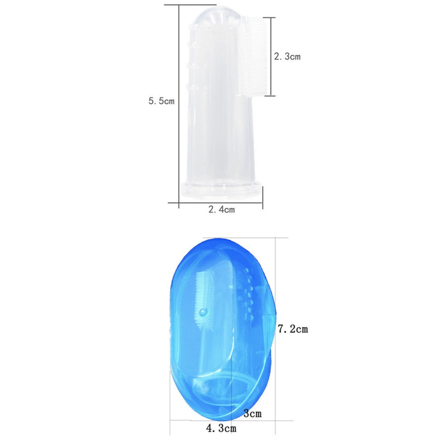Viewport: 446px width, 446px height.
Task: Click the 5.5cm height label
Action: click(161, 101)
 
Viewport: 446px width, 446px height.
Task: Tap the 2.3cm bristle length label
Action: click(287, 56)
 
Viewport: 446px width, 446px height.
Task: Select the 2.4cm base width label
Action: click(222, 209)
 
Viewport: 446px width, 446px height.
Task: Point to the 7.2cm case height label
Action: click(293, 329)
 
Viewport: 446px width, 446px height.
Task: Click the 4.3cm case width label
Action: click(221, 428)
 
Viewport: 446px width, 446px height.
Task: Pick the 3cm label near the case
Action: click(252, 413)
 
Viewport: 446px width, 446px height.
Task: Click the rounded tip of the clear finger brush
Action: click(215, 17)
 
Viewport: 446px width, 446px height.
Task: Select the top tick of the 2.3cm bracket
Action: click(270, 17)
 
